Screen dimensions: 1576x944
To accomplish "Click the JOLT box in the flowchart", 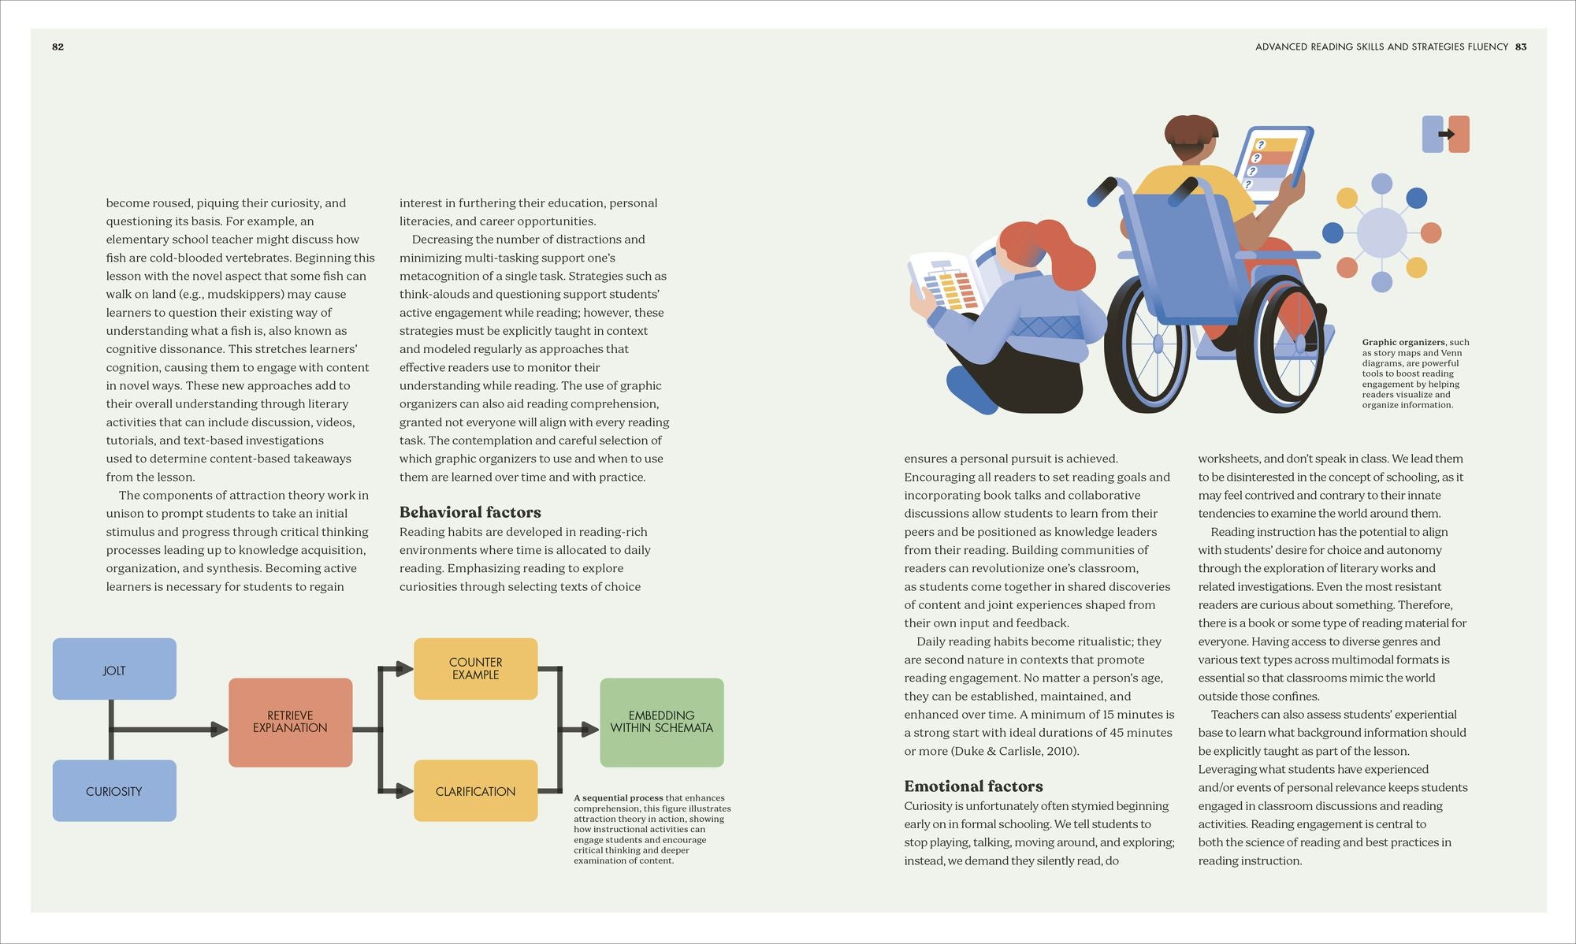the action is (114, 669).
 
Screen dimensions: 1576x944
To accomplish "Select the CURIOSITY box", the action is (114, 790).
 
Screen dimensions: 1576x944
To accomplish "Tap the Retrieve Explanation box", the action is (290, 723).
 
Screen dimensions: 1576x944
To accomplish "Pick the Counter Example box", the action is (475, 669).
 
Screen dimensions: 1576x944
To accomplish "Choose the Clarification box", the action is (475, 790).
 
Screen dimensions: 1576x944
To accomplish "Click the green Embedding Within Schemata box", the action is (662, 723).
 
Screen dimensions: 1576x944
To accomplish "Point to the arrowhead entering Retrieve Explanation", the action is (220, 730).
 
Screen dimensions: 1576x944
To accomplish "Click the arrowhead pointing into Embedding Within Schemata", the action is (591, 730).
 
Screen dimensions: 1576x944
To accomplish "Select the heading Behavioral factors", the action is (470, 512).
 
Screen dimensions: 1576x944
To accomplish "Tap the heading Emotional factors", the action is (973, 786).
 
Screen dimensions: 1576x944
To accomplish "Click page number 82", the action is (58, 46).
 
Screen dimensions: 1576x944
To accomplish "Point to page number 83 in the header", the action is (1521, 46).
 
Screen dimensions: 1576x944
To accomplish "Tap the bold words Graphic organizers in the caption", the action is (1403, 342).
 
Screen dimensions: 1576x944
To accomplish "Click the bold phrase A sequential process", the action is (618, 797).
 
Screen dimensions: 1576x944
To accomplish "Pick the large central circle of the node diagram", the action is (1381, 232).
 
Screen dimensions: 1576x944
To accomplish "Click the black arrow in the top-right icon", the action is (1447, 134).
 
